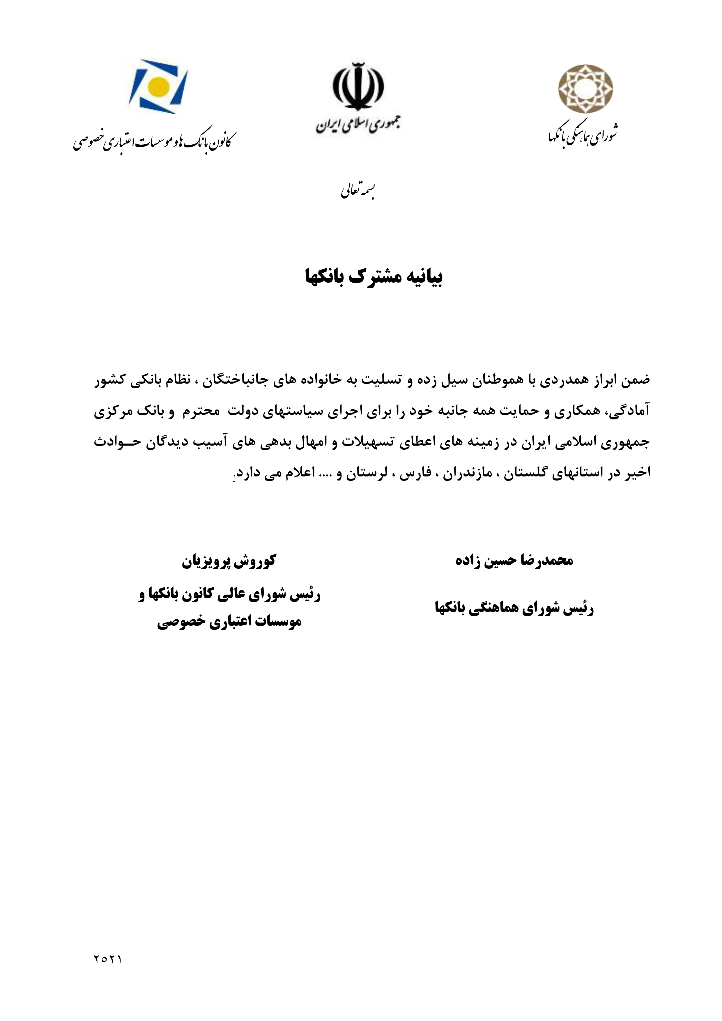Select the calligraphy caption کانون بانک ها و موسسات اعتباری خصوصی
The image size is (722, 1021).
(154, 141)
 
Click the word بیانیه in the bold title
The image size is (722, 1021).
(423, 277)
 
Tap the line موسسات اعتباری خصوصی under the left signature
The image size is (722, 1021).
(229, 622)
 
